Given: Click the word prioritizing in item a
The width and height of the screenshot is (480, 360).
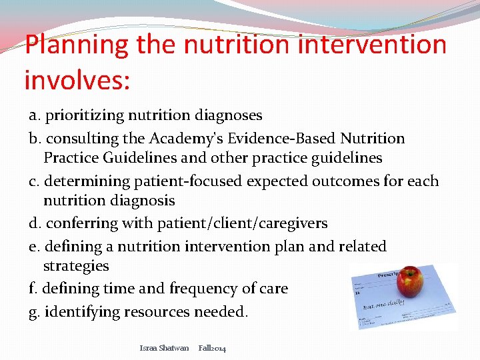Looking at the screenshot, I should tap(85, 115).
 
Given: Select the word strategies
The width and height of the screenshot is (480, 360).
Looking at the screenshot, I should tap(75, 266).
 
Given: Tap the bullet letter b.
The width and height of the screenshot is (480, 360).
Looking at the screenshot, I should tap(33, 139).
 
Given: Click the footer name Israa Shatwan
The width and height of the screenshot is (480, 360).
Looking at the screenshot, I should tap(164, 348).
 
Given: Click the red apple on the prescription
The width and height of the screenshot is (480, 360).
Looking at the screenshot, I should tap(409, 282).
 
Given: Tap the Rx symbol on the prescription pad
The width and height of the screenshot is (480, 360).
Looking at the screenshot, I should tap(358, 292).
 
